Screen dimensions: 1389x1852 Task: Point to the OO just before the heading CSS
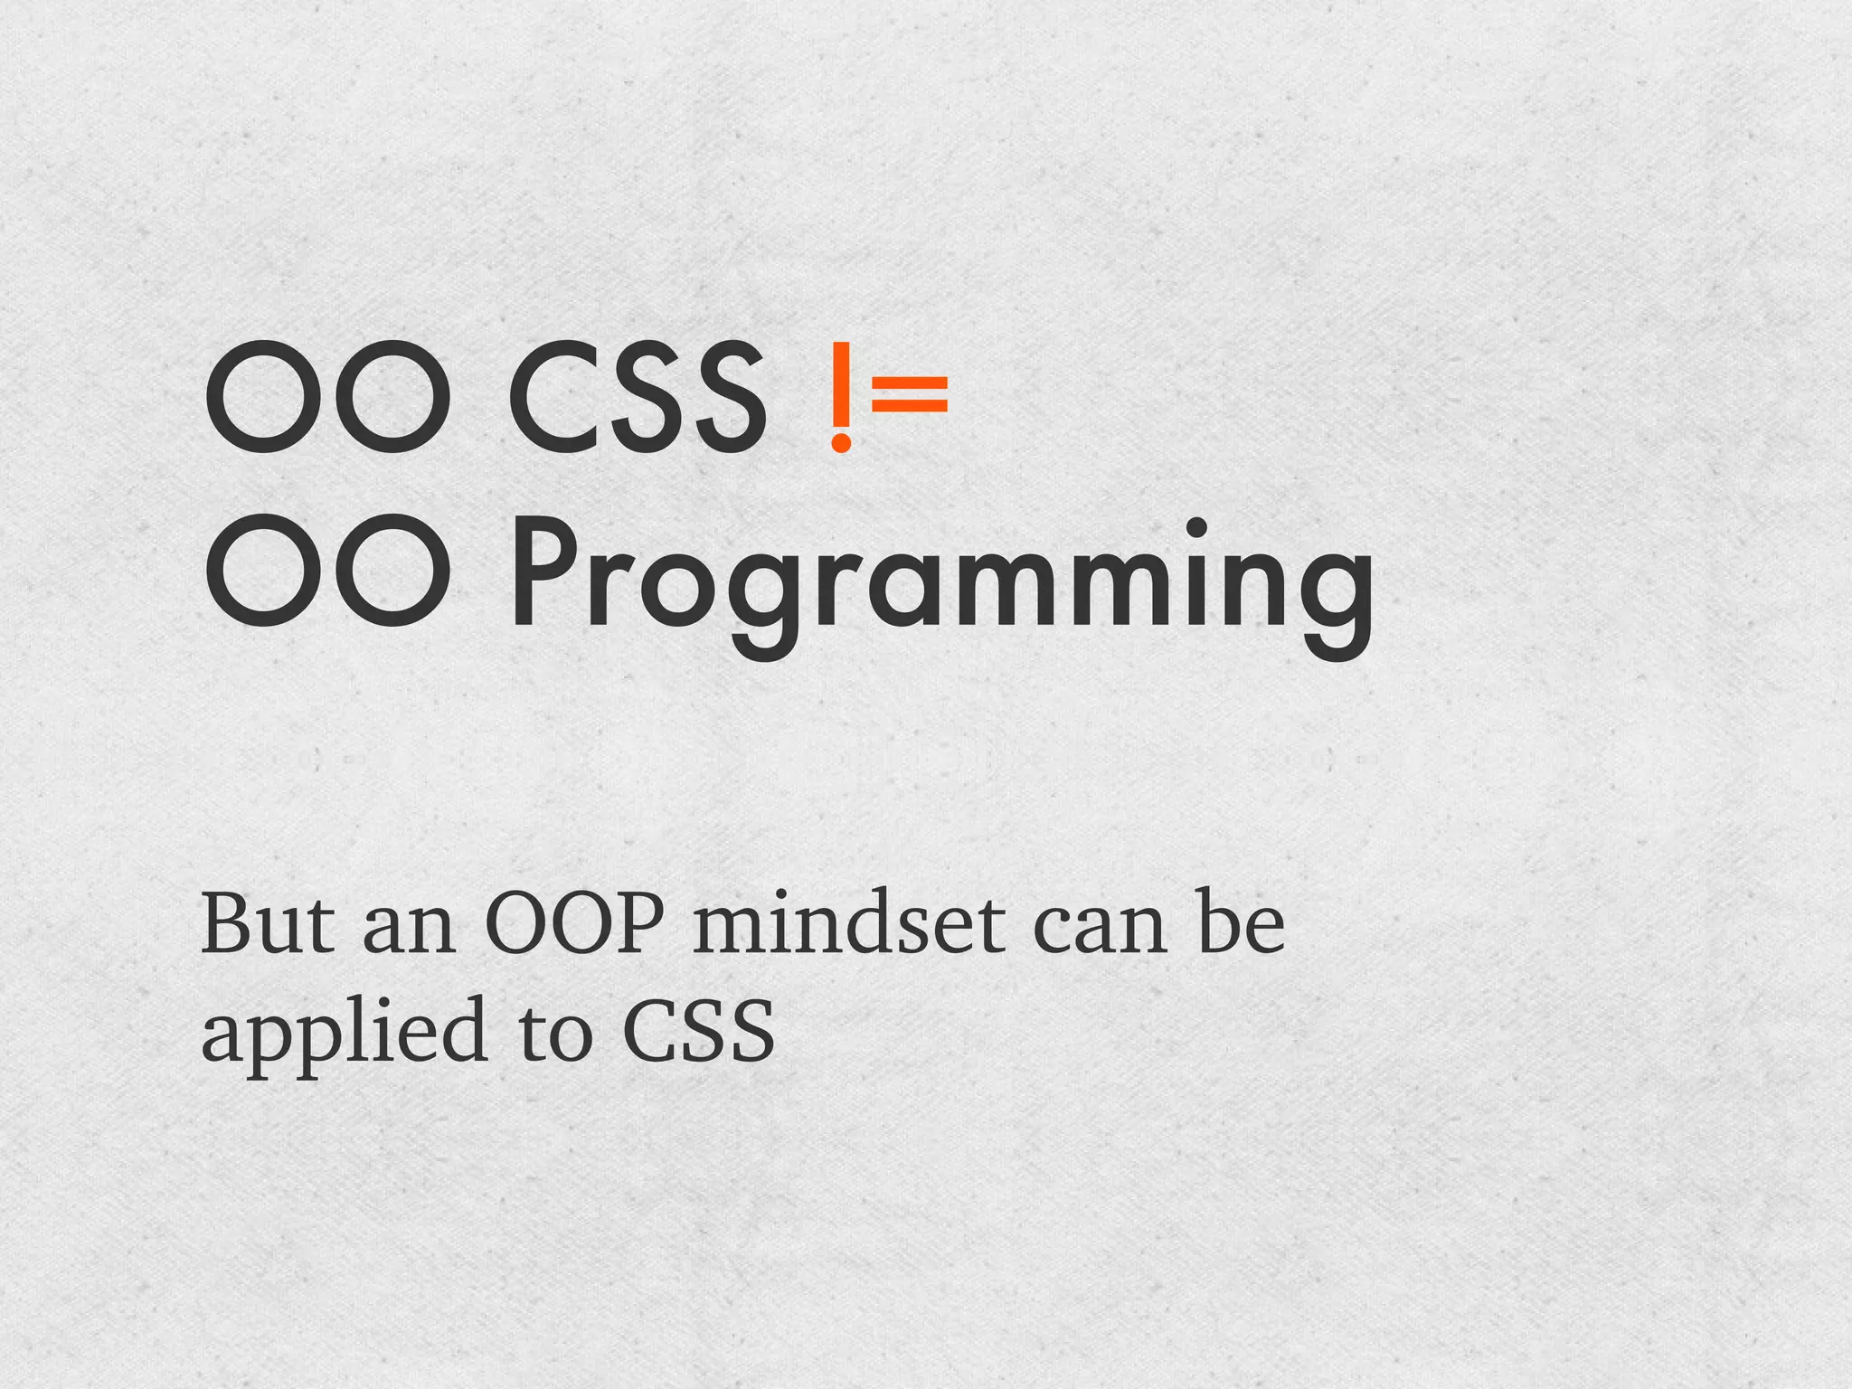[x=327, y=398]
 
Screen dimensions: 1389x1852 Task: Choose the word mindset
[x=848, y=923]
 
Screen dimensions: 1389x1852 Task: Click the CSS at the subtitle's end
[x=699, y=1032]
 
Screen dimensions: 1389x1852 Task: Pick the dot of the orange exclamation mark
[x=841, y=442]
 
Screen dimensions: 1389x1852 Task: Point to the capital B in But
[x=227, y=923]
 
